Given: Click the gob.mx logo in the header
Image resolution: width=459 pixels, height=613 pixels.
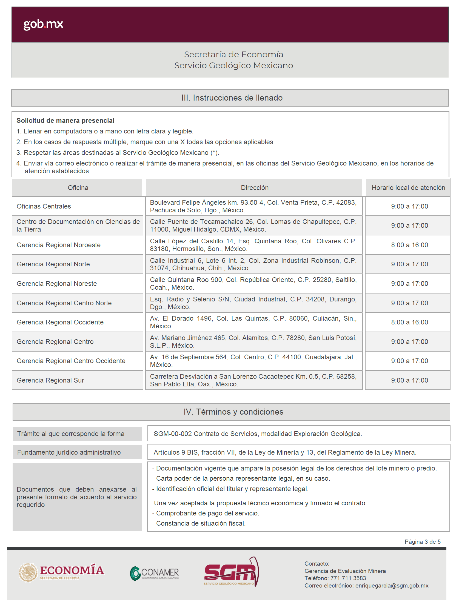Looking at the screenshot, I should pos(43,24).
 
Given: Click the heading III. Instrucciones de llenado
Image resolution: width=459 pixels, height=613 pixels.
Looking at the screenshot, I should pos(232,98).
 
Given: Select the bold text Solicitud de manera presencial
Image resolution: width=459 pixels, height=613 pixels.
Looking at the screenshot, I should pos(65,121).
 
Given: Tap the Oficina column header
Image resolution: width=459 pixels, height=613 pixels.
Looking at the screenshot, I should pos(78,188).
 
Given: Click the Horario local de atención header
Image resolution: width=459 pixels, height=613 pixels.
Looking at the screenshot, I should pos(408,188).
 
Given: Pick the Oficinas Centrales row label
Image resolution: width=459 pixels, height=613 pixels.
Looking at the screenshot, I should pos(44,206).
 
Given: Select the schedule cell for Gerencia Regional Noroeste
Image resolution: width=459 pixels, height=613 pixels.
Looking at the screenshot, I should pos(409,245).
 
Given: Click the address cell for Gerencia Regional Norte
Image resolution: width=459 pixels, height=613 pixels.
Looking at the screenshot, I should pos(253,264).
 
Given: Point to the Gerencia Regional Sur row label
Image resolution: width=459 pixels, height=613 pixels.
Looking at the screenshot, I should pos(50,380).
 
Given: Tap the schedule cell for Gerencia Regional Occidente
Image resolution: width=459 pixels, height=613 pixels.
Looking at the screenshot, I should pos(409,322).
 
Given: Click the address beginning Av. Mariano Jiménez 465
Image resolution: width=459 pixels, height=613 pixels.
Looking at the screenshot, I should pos(253,341).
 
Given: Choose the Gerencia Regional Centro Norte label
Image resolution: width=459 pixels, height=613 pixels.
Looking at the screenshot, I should pos(64,303).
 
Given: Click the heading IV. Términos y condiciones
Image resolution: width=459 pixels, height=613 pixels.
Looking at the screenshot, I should pos(233,412).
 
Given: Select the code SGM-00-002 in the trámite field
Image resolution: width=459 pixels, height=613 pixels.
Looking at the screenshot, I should pos(172,434).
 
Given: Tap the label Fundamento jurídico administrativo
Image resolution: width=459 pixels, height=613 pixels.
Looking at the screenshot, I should pos(69,452).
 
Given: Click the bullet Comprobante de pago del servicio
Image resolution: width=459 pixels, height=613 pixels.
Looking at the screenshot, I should pos(207,513).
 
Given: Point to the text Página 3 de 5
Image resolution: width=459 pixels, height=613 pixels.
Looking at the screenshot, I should pos(422,541).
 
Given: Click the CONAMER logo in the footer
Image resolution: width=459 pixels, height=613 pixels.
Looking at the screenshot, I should pos(154,573).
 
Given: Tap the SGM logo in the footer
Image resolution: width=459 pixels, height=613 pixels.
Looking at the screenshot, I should pos(231,571).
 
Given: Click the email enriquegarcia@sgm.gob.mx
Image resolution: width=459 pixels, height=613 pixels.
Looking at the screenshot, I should pos(391,586).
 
